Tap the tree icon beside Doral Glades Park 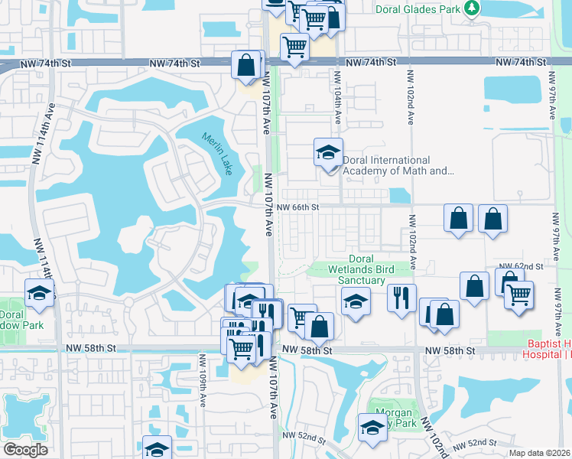point(473,8)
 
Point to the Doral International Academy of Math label point(398,165)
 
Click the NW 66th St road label point(297,207)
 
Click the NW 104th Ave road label point(336,95)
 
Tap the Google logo point(25,450)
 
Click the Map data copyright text point(539,453)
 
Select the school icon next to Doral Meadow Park point(39,292)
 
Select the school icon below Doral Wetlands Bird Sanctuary point(356,302)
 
